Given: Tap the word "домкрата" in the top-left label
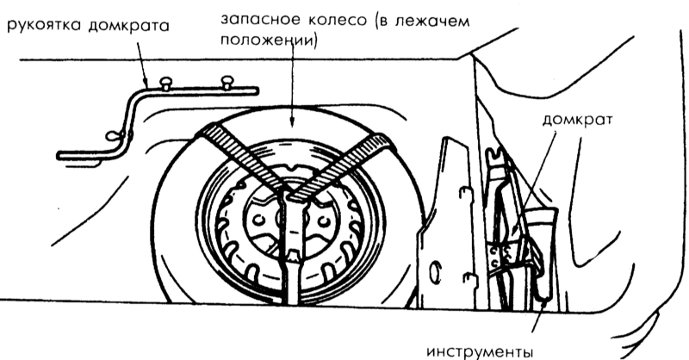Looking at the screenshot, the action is pos(128,26).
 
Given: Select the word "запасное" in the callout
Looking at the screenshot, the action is pos(256,20).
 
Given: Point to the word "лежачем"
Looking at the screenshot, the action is pos(433,21).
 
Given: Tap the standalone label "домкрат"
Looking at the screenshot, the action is pos(576,120).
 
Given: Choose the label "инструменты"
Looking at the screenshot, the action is pos(480,352).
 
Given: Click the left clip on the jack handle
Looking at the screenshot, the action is pos(165,83).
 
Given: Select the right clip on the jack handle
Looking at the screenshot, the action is pos(227,82).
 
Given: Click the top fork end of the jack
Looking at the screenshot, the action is pos(495,155).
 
